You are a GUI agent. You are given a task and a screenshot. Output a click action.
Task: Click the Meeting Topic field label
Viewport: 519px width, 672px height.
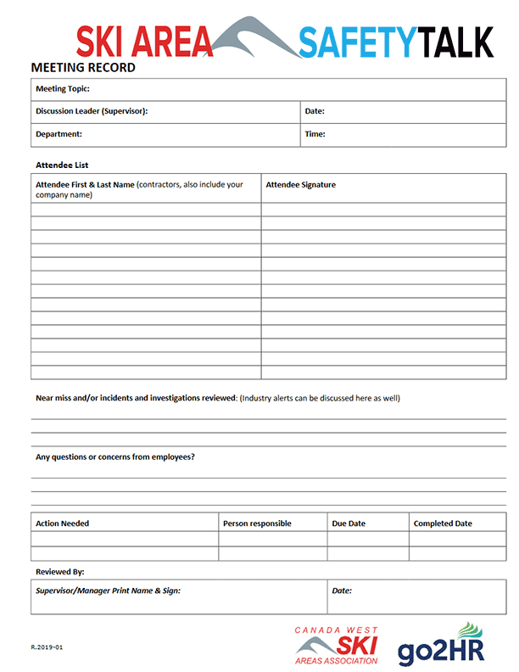tap(63, 88)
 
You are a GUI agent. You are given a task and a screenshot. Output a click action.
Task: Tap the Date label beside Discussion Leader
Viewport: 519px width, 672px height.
tap(315, 111)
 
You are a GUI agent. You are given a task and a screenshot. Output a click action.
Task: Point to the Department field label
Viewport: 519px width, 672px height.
tap(59, 133)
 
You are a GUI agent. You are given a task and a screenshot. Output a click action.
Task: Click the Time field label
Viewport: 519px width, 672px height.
tap(315, 133)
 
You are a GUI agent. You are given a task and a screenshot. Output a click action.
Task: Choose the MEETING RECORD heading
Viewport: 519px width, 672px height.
tap(83, 67)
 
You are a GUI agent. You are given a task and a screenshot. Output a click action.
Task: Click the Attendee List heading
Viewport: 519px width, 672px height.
tap(62, 165)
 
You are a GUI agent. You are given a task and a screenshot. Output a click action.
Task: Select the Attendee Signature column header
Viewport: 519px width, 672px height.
tap(300, 184)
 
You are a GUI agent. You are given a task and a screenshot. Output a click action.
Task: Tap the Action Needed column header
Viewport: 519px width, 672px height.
tap(62, 524)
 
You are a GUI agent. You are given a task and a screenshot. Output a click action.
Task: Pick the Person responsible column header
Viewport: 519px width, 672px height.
tap(257, 524)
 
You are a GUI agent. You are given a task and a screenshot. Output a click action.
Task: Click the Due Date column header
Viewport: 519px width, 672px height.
tap(349, 524)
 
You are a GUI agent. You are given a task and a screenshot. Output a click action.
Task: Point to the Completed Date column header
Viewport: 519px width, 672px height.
tap(443, 524)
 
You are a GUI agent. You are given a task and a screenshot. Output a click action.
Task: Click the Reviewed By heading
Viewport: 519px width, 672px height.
tap(59, 572)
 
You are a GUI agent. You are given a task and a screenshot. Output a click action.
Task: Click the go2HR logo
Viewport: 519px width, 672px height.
tap(441, 646)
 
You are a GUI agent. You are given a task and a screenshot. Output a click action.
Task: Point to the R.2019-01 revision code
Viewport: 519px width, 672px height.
tap(47, 647)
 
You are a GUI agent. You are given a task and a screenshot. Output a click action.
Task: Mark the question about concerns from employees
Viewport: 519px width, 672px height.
tap(115, 456)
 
